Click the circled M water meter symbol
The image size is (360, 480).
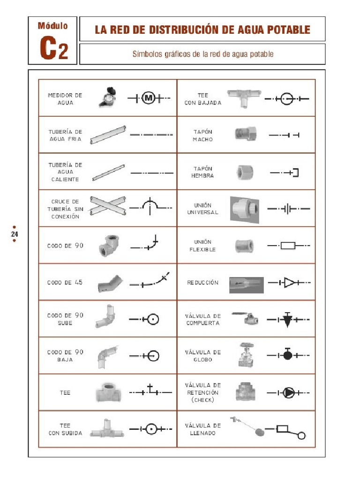149,98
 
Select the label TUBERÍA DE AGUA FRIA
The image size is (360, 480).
65,135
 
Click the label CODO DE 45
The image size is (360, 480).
65,282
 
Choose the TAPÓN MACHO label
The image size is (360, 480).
202,135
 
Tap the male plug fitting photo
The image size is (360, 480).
245,134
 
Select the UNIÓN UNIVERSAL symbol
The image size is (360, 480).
288,209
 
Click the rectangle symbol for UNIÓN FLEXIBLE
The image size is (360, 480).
288,245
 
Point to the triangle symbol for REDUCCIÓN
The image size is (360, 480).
290,283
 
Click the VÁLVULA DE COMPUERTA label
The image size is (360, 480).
202,319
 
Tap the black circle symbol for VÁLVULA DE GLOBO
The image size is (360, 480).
288,355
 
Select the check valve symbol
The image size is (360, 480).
289,392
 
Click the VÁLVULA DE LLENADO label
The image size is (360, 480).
202,429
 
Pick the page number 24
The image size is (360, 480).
15,234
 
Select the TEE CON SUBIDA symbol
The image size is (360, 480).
151,428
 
